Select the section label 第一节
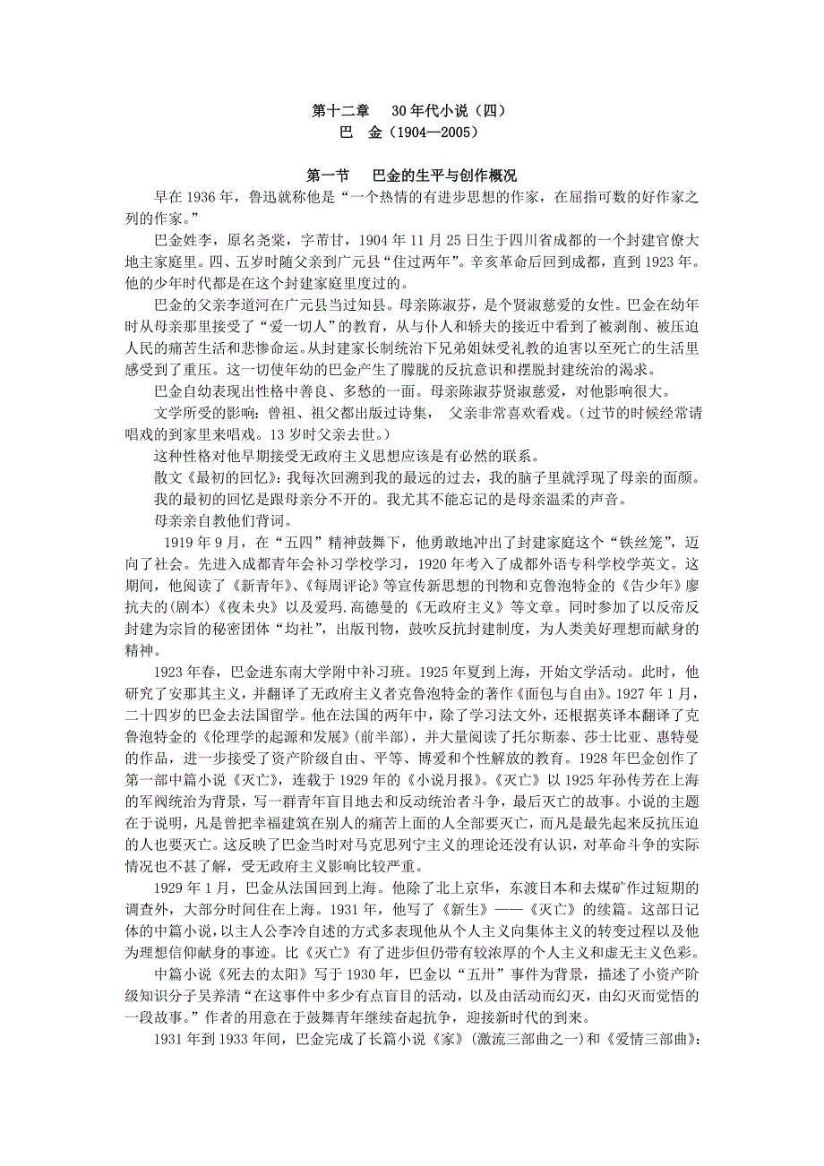click(332, 176)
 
